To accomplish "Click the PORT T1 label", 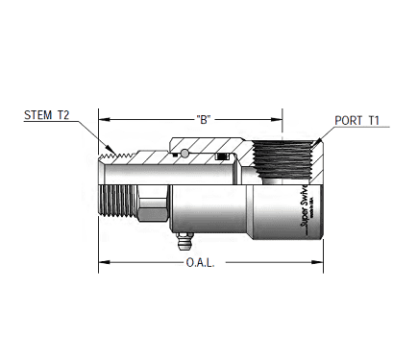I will (x=357, y=121).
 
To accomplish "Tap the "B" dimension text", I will (x=203, y=119).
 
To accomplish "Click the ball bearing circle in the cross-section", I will (x=182, y=154).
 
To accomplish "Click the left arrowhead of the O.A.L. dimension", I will (x=102, y=261).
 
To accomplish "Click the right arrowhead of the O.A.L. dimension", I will (x=320, y=261).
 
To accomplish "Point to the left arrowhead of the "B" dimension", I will (x=105, y=119).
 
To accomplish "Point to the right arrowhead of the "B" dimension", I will (x=280, y=119).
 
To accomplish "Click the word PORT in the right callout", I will (x=346, y=121).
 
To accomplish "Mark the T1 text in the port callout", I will (x=374, y=121).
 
